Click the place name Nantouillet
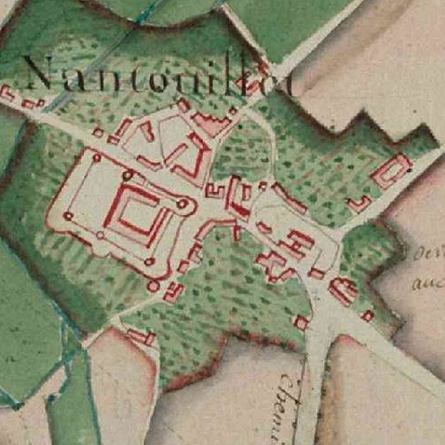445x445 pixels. (153, 76)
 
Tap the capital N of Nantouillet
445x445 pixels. (39, 73)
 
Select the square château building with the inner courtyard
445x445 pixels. (136, 215)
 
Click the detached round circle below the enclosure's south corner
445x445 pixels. (153, 286)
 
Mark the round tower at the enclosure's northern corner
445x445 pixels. (97, 157)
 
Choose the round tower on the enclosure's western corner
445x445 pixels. (67, 216)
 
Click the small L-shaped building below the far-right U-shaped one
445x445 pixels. (359, 204)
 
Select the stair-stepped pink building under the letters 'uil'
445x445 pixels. (212, 124)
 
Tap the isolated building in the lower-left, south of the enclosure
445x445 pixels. (141, 336)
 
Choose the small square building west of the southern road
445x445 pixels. (301, 323)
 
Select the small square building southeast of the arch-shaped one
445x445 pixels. (367, 315)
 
